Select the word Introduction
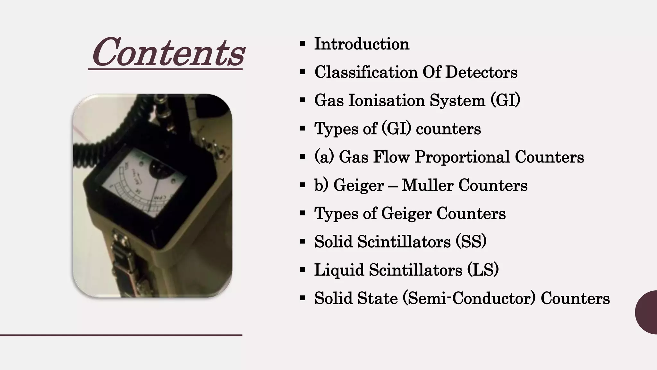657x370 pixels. click(362, 44)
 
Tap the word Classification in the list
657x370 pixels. click(366, 72)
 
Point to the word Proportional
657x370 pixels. click(462, 157)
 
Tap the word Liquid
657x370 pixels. click(339, 270)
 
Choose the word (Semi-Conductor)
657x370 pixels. click(469, 298)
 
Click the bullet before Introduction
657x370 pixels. click(303, 44)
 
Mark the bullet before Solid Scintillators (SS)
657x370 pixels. click(303, 242)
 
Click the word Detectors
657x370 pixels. click(481, 72)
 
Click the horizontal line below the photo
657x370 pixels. click(121, 335)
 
